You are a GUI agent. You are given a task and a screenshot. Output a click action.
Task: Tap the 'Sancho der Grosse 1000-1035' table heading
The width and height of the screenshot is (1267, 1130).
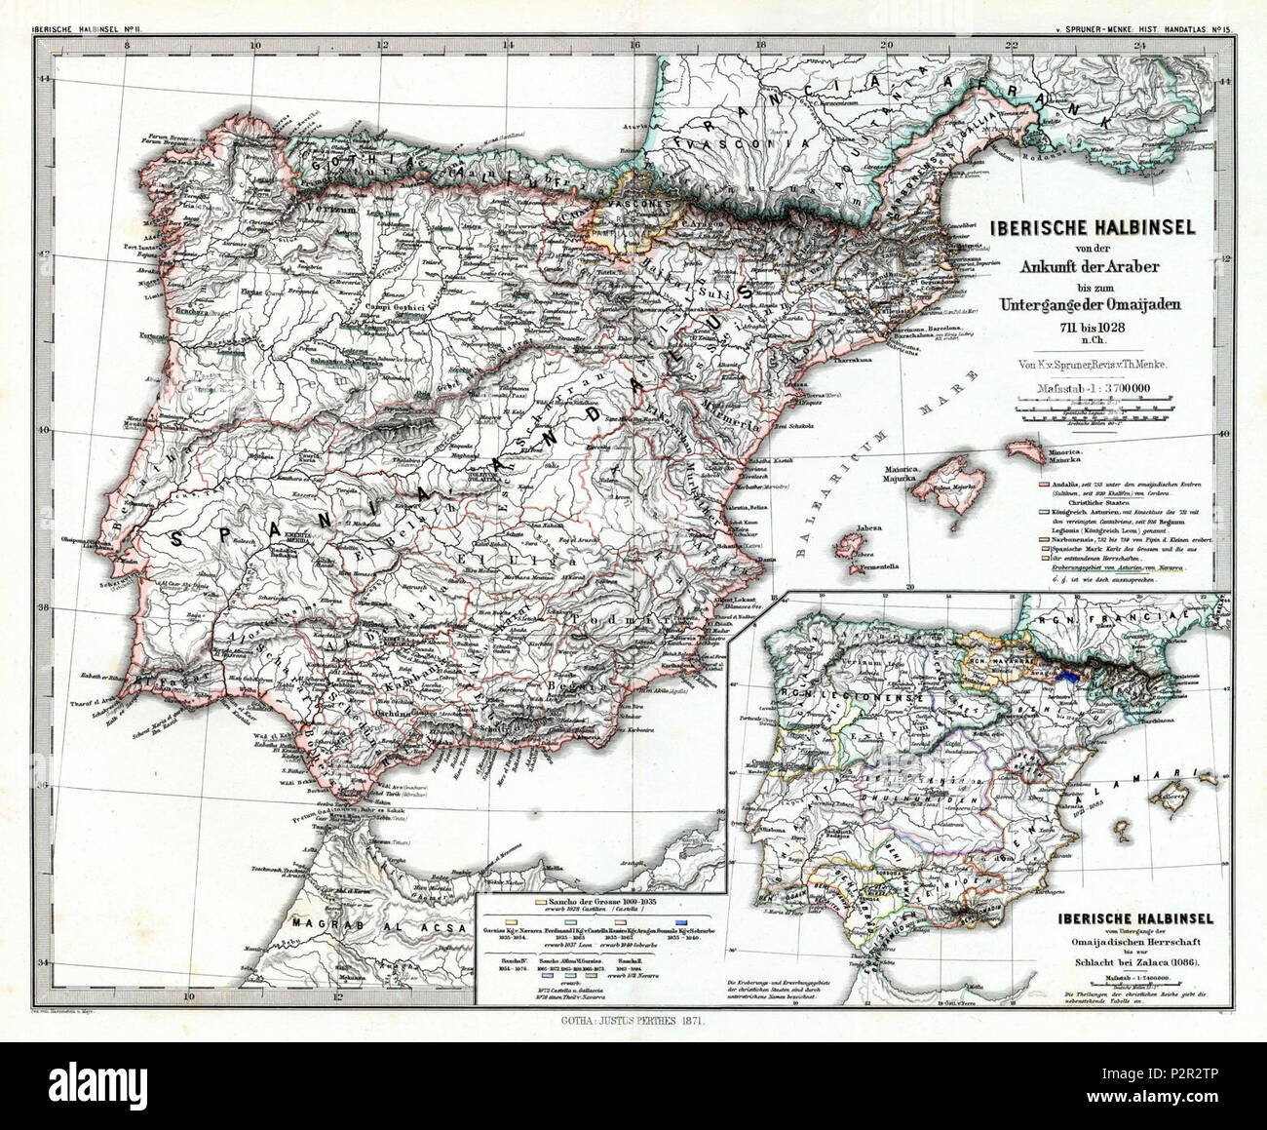pos(615,904)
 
